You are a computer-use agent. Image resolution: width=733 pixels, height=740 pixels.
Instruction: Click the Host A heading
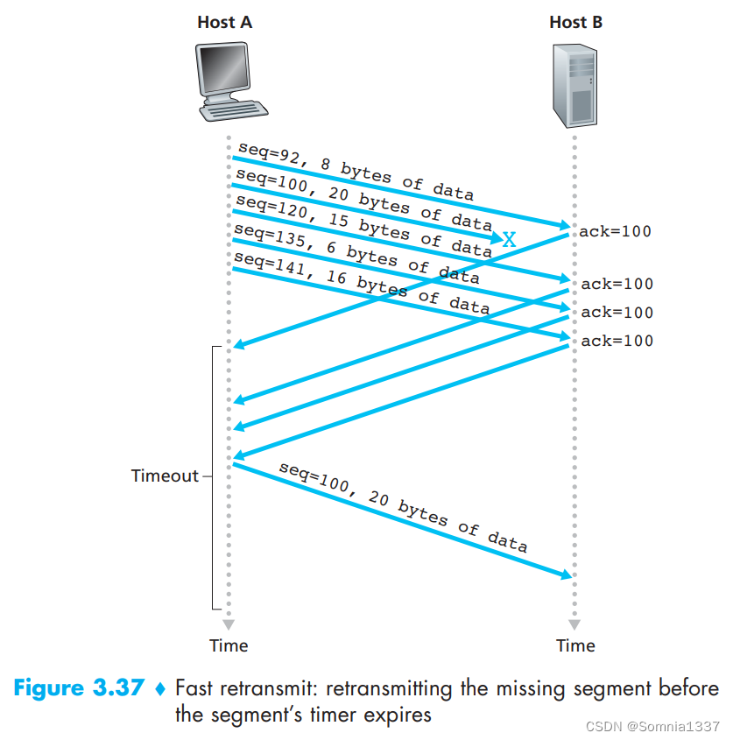[x=224, y=23]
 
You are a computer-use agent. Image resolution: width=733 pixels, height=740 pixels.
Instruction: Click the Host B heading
[x=575, y=23]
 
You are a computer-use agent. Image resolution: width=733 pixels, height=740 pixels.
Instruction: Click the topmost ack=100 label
[x=616, y=232]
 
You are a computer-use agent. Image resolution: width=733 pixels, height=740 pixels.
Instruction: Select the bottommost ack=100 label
[x=617, y=341]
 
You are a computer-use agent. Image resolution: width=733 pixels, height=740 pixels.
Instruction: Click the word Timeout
[x=166, y=476]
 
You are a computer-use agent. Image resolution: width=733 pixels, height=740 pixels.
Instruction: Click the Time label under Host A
[x=229, y=646]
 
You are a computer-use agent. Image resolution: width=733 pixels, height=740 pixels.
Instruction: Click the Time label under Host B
[x=575, y=646]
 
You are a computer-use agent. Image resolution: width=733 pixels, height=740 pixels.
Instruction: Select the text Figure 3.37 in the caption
[x=79, y=688]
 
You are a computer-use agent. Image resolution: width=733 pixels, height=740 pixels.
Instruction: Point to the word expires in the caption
[x=401, y=714]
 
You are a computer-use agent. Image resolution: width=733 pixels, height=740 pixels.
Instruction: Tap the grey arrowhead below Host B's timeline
[x=574, y=625]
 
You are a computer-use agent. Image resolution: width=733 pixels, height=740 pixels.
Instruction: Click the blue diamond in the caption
[x=159, y=689]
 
